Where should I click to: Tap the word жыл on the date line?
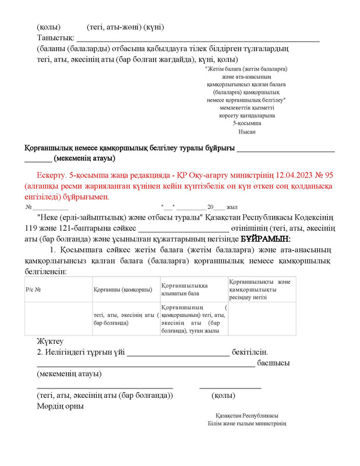[x=232, y=207]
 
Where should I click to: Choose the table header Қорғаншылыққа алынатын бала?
[x=185, y=290]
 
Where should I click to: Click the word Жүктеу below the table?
[x=50, y=341]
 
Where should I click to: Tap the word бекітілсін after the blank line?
[x=250, y=352]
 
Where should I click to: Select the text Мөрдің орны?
[x=60, y=406]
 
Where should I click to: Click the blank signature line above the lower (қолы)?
[x=230, y=387]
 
